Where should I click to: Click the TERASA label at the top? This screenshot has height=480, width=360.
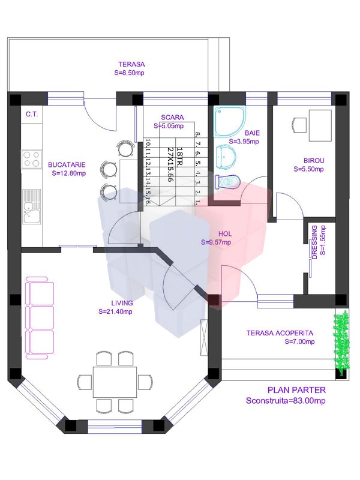tap(131, 64)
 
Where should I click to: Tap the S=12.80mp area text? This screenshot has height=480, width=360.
tap(69, 174)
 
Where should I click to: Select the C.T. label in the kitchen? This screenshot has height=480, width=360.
tap(32, 114)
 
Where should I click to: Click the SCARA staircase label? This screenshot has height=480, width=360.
tap(172, 118)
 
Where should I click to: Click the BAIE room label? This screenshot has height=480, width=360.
tap(251, 133)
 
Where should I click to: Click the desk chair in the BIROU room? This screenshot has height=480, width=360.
tap(299, 124)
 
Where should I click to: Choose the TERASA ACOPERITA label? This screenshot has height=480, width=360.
tap(280, 333)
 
